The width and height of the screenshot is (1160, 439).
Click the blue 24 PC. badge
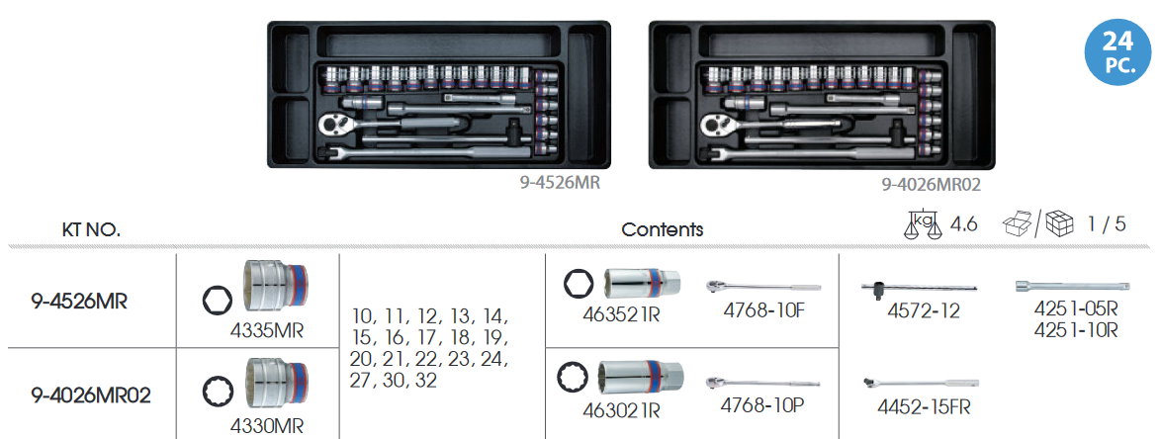tap(1118, 51)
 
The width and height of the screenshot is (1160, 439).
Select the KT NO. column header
tap(92, 229)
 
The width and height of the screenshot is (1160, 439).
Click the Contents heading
tap(663, 229)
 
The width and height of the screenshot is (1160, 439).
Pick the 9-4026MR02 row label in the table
tap(92, 395)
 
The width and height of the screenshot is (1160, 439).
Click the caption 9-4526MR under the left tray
tap(560, 183)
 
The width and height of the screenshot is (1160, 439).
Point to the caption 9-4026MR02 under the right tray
tap(931, 184)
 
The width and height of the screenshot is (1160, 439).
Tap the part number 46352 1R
tap(621, 315)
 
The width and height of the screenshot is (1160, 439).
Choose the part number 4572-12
tap(924, 311)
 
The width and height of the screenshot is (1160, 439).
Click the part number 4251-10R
tap(1075, 330)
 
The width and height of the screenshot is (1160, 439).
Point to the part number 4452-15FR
tap(924, 407)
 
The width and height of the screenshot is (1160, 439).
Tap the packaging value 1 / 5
tap(1107, 223)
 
